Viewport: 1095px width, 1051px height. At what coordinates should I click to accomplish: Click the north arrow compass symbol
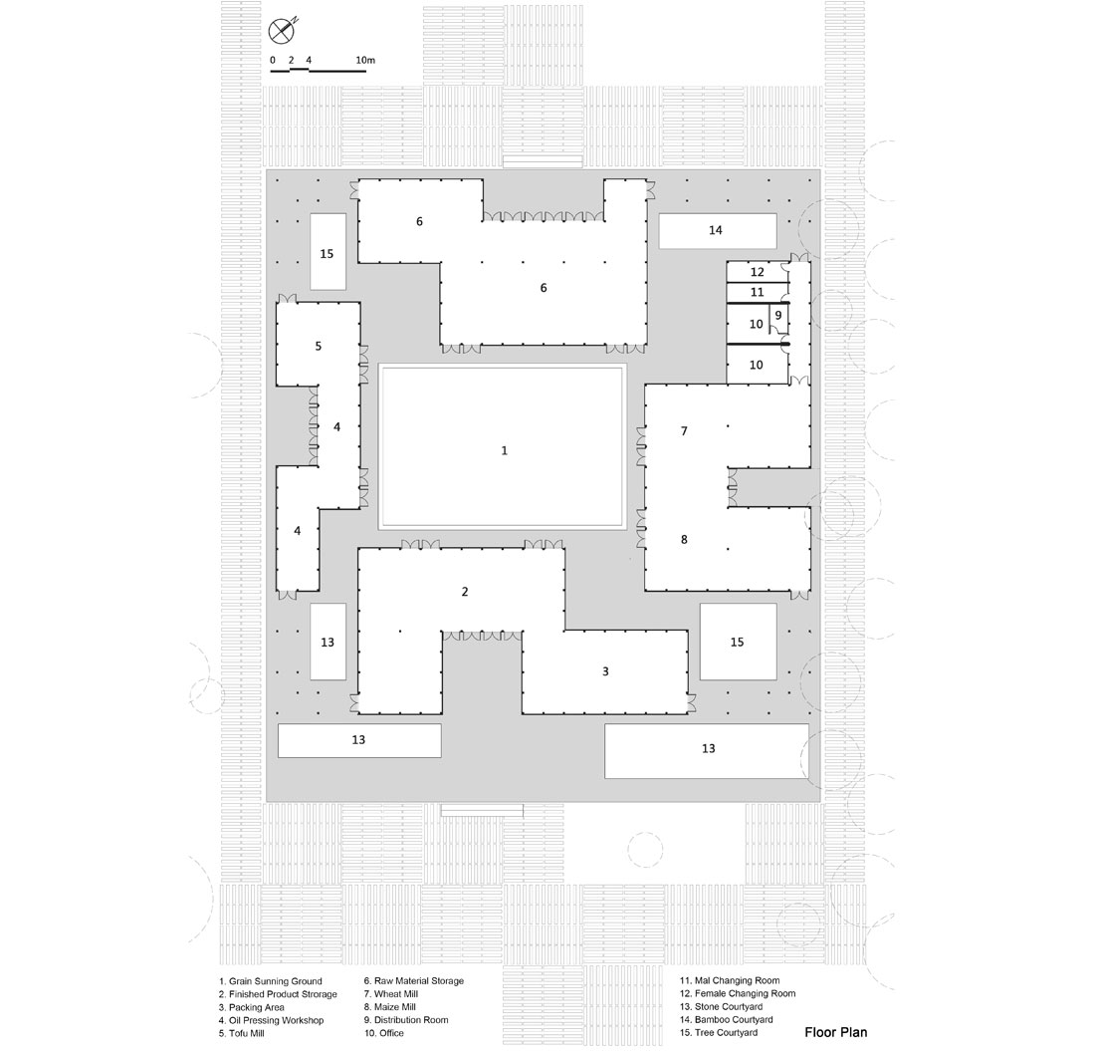pyautogui.click(x=282, y=30)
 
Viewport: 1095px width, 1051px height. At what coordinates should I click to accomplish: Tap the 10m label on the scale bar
pyautogui.click(x=365, y=60)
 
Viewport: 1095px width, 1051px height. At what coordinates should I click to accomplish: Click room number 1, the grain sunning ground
pyautogui.click(x=505, y=450)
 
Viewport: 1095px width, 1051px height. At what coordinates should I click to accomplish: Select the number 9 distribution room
pyautogui.click(x=778, y=315)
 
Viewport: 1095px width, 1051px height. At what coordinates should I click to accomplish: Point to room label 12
pyautogui.click(x=757, y=272)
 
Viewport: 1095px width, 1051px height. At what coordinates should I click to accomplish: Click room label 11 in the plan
pyautogui.click(x=757, y=292)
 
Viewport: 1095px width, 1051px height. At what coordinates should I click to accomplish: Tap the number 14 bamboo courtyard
pyautogui.click(x=715, y=230)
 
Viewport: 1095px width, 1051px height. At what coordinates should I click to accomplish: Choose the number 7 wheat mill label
pyautogui.click(x=685, y=431)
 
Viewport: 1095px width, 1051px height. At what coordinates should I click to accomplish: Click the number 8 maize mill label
pyautogui.click(x=685, y=540)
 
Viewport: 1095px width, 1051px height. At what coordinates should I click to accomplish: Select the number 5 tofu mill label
pyautogui.click(x=319, y=346)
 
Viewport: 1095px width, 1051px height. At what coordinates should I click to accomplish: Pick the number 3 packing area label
pyautogui.click(x=605, y=671)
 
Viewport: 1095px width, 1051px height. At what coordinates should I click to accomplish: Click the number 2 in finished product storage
pyautogui.click(x=465, y=592)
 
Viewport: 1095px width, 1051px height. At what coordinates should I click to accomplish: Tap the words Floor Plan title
pyautogui.click(x=836, y=1032)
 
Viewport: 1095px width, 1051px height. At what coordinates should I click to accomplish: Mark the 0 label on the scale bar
pyautogui.click(x=273, y=60)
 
